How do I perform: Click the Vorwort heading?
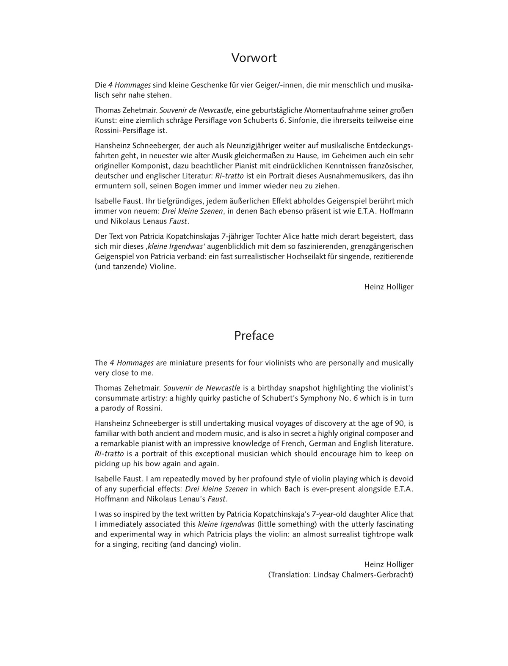pos(254,58)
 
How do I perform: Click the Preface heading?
pos(254,336)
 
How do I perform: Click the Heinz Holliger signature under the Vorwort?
pos(389,287)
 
